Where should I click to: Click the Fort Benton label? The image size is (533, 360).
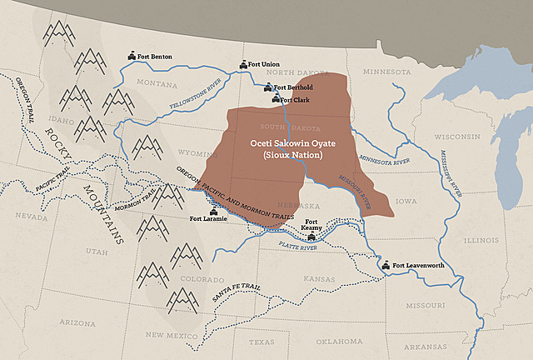coord(155,57)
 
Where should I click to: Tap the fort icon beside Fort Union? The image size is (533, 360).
coord(242,64)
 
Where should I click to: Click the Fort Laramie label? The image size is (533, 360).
coord(207,219)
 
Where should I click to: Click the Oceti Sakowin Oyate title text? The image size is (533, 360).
coord(285,143)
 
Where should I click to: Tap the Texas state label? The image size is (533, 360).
coord(261,342)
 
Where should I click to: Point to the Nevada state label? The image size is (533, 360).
coord(31,216)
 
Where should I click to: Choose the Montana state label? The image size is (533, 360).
coord(157,83)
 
